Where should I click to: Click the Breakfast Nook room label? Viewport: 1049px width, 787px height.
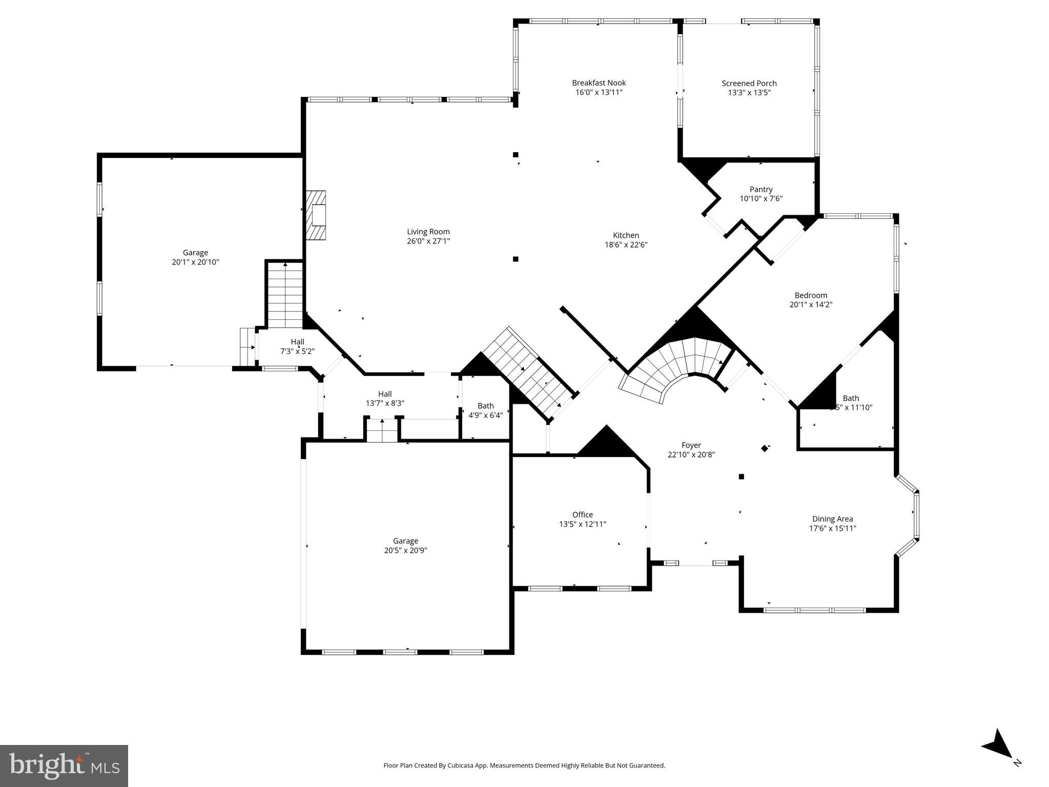(x=599, y=83)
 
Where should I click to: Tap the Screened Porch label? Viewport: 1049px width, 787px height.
(x=749, y=84)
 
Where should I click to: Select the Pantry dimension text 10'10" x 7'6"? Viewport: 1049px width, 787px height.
(x=760, y=199)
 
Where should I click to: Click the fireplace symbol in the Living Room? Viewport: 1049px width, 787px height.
(x=316, y=215)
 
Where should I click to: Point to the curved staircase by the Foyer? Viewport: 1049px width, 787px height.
(x=676, y=366)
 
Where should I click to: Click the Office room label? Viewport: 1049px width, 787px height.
(x=582, y=515)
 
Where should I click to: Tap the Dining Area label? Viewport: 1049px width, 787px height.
(x=832, y=519)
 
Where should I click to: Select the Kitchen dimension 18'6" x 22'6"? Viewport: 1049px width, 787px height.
(x=626, y=245)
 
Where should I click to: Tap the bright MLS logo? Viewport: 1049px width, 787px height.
(x=64, y=765)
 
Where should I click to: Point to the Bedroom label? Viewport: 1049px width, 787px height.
(x=811, y=296)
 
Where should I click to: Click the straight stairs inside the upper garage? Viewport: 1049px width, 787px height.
(x=285, y=295)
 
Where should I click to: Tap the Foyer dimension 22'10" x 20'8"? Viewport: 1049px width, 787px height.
(x=691, y=454)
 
